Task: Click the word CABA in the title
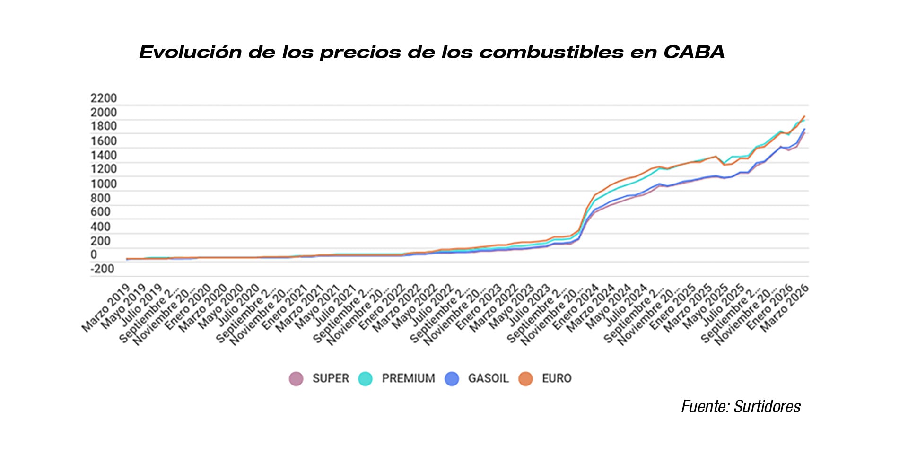(694, 52)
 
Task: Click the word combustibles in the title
(551, 52)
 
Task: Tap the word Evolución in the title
(190, 52)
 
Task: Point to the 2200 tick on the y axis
(103, 98)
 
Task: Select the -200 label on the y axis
(102, 269)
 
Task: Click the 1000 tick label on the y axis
(103, 184)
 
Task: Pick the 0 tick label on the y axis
(94, 254)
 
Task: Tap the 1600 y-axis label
(103, 141)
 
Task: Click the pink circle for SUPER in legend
(296, 379)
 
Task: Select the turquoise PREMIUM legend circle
(365, 379)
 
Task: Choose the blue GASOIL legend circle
(452, 379)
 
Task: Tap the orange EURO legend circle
(525, 379)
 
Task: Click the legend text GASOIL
(488, 378)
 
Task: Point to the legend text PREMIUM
(408, 378)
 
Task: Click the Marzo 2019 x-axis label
(106, 308)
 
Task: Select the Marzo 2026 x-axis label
(785, 308)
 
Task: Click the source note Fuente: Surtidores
(741, 406)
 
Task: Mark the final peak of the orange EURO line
(804, 116)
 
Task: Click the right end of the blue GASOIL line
(804, 129)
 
